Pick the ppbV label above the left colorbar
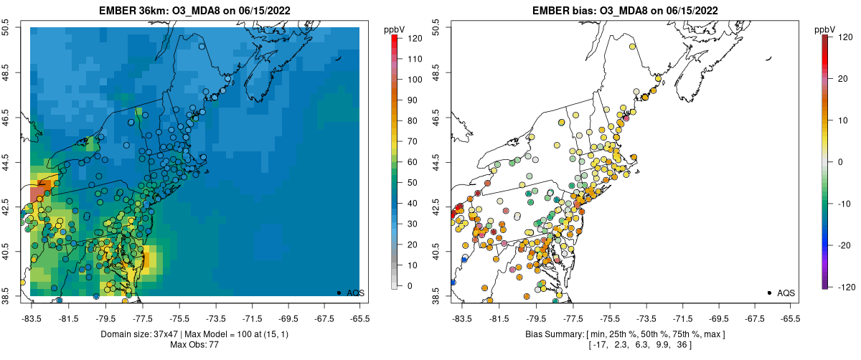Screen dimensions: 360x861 point(394,29)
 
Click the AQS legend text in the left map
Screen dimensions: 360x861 point(355,293)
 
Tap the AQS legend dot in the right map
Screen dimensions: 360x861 point(768,293)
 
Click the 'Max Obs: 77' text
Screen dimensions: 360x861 point(194,345)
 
